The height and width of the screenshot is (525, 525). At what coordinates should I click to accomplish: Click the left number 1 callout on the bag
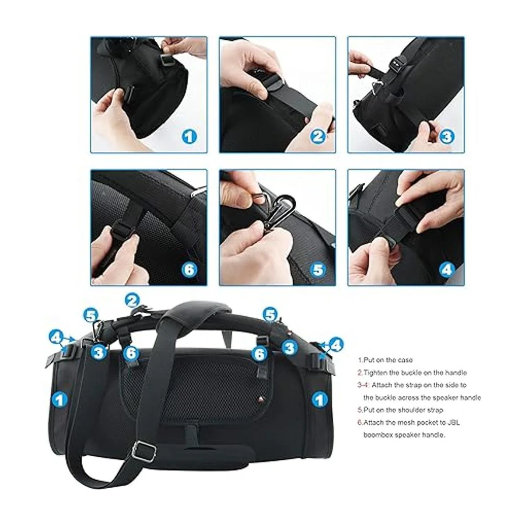click(x=60, y=400)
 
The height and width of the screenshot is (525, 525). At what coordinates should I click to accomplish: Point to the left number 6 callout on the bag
click(x=131, y=353)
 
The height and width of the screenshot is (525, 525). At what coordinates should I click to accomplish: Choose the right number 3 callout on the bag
click(x=289, y=348)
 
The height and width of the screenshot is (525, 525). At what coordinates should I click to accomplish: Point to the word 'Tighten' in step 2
click(x=376, y=372)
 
